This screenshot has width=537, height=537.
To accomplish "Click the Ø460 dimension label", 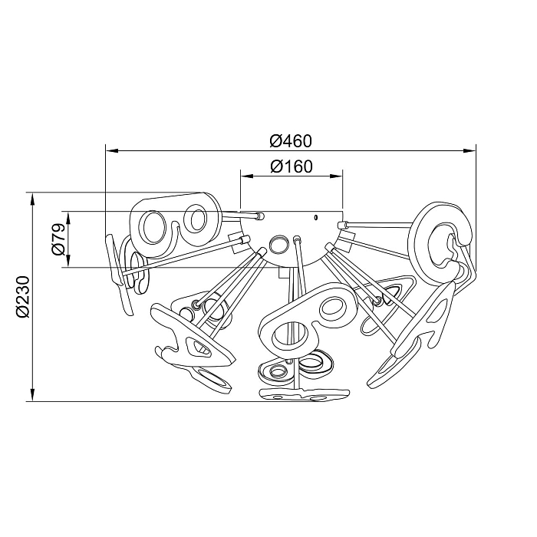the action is click(291, 140).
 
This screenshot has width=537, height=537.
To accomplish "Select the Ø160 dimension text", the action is click(292, 166).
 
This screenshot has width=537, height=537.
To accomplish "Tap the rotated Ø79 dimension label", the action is click(58, 239).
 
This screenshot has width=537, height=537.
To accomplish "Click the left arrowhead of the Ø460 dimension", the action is click(112, 150).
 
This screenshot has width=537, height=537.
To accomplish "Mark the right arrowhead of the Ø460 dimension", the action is click(469, 150).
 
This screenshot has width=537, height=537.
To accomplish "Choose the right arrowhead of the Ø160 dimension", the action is click(336, 176).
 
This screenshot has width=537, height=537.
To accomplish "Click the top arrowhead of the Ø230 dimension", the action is click(33, 199).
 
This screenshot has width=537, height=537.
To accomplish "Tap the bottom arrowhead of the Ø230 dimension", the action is click(33, 394).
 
